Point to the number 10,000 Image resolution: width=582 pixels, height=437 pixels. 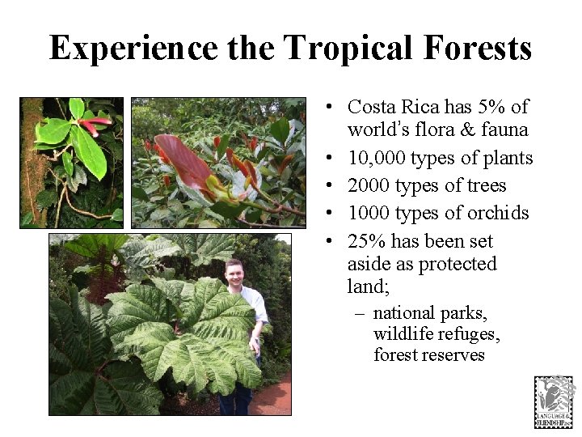pos(377,158)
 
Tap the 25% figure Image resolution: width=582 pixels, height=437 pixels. pos(365,241)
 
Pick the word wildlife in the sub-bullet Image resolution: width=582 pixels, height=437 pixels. pos(403,334)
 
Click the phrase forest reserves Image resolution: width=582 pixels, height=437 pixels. pos(428,354)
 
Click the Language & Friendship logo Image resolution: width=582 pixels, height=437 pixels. pos(554,401)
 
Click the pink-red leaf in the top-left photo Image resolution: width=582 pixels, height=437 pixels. pos(95,124)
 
